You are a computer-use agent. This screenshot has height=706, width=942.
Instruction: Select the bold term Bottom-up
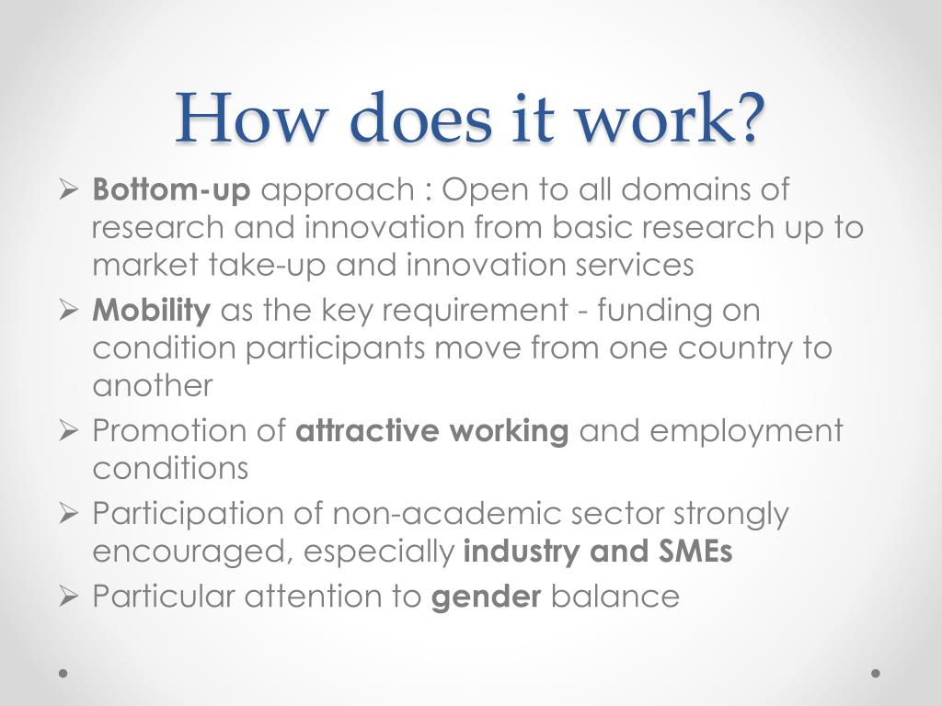171,191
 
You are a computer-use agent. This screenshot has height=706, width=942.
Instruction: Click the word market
145,266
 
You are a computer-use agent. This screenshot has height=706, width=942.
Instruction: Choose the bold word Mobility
152,311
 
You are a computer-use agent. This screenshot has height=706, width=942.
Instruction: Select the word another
152,385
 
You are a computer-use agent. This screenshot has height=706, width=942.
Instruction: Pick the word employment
739,431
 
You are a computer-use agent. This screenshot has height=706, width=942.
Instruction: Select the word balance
615,597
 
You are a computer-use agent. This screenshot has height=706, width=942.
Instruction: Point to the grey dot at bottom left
63,674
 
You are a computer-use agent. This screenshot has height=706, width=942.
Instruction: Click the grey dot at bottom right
877,674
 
